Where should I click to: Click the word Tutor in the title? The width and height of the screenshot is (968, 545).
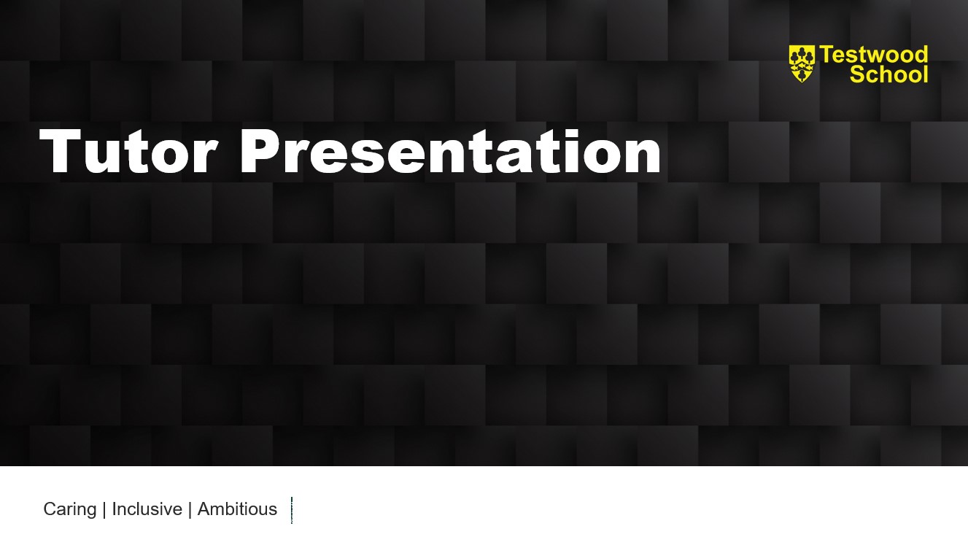click(128, 151)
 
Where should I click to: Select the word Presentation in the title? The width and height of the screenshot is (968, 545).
click(450, 151)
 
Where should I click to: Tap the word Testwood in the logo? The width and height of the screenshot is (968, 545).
click(873, 55)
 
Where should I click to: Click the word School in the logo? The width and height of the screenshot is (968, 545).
click(888, 74)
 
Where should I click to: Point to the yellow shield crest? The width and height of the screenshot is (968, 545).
click(802, 63)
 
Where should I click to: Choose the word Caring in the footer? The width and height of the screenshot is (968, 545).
click(70, 509)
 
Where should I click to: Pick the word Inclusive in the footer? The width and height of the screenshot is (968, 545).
click(147, 509)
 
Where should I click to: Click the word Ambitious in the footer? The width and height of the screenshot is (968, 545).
click(237, 509)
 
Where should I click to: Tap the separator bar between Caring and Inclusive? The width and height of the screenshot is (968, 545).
click(104, 509)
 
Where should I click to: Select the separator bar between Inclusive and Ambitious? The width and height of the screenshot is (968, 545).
click(190, 509)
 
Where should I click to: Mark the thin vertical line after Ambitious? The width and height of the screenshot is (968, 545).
click(292, 511)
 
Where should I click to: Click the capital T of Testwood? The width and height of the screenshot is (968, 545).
click(826, 55)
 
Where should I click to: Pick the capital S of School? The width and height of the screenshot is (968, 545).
click(857, 74)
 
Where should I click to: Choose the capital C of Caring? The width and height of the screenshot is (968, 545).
click(51, 509)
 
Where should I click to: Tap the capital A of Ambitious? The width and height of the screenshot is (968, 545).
click(205, 509)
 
